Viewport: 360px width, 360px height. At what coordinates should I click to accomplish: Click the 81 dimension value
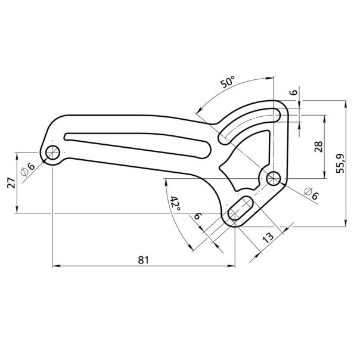143,260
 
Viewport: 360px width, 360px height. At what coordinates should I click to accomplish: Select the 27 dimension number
10,182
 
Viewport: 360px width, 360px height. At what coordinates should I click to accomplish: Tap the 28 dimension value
317,146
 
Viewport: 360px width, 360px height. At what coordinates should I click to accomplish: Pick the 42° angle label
175,203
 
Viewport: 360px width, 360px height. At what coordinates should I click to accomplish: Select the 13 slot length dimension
268,237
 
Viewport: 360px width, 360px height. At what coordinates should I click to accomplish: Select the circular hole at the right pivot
274,177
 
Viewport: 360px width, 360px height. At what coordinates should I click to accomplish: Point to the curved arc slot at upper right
250,121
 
